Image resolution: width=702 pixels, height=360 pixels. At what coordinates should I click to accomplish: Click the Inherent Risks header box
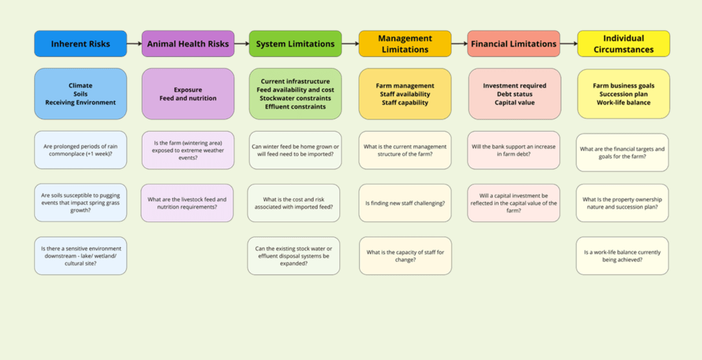[x=80, y=44]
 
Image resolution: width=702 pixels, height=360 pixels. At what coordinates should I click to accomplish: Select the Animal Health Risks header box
[x=188, y=44]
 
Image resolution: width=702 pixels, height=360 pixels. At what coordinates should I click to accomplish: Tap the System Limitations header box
[x=295, y=44]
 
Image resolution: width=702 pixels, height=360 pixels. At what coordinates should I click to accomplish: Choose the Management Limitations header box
[x=404, y=44]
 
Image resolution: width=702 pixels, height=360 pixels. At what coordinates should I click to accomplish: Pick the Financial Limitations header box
[x=513, y=44]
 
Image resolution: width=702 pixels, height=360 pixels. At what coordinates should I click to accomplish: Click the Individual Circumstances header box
[x=623, y=44]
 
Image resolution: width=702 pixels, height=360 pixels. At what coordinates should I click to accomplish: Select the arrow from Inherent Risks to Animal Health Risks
[x=134, y=44]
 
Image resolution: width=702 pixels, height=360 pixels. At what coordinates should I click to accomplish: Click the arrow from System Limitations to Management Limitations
[x=350, y=44]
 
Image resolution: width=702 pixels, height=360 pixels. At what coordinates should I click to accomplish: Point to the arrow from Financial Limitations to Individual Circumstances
[x=568, y=44]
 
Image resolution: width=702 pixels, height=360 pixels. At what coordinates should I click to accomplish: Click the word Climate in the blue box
[x=80, y=86]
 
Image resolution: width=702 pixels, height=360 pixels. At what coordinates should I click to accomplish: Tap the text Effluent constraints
[x=295, y=106]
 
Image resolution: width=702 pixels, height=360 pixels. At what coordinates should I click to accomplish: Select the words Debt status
[x=513, y=94]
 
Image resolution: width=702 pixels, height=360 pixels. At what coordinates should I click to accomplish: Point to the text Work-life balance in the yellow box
[x=623, y=102]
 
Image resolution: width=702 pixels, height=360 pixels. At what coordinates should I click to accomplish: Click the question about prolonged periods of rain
[x=80, y=150]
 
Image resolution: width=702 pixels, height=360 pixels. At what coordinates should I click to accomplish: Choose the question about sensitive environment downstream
[x=80, y=256]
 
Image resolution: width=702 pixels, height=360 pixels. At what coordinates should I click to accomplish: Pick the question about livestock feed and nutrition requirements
[x=187, y=203]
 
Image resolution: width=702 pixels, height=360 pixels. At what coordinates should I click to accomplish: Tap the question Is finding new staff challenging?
[x=404, y=203]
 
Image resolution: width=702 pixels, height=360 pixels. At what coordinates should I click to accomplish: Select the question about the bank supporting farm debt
[x=513, y=150]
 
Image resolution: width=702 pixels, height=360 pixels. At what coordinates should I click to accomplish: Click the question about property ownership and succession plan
[x=622, y=203]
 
